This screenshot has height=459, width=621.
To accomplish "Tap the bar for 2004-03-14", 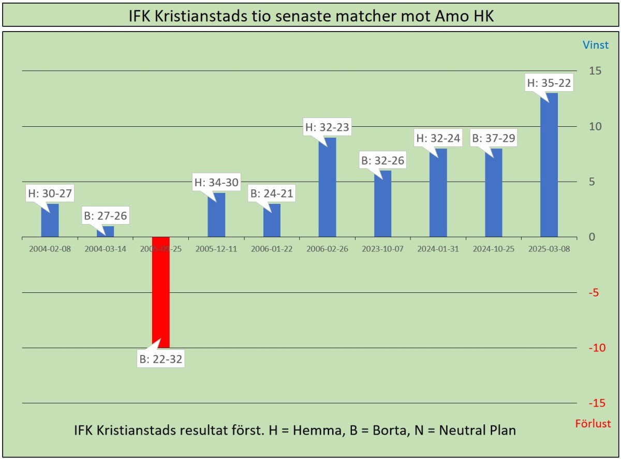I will coord(105,232).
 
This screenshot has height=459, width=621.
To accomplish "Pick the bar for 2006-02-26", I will coord(327,187).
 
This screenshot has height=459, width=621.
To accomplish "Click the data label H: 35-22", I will coord(549,82).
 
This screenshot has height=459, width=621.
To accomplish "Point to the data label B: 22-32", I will coord(160,359).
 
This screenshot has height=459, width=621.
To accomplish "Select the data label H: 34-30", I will coord(216,182).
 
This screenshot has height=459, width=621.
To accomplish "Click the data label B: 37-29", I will coord(494,138).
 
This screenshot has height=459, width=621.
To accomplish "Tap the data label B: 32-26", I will coord(382,160).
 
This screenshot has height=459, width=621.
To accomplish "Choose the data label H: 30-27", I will coord(50,194).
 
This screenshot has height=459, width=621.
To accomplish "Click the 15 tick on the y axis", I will coord(595,70).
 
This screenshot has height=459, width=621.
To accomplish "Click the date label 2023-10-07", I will coord(382,248).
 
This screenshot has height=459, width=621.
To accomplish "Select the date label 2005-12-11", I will coord(216,248).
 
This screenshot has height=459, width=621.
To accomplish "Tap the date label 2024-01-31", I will coord(438,248).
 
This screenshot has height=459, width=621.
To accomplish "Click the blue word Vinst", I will coord(596,45).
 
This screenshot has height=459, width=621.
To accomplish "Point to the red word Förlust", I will coord(593,424).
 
